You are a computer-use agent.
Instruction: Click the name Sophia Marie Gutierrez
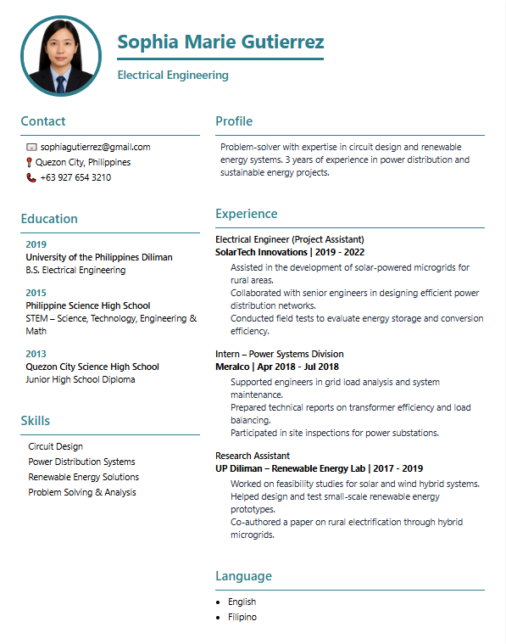click(x=220, y=42)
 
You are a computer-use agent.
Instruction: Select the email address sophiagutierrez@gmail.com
click(x=95, y=147)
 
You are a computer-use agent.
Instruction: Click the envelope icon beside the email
click(x=31, y=147)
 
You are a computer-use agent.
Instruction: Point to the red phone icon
click(x=31, y=177)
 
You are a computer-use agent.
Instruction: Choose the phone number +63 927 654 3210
click(x=75, y=177)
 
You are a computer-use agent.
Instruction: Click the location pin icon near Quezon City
click(x=30, y=162)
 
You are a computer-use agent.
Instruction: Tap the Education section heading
click(x=49, y=218)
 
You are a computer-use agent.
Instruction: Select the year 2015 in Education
click(x=36, y=293)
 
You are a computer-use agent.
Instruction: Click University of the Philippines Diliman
click(x=99, y=257)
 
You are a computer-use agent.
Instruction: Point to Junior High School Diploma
click(x=80, y=379)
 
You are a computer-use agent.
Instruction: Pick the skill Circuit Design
click(x=55, y=446)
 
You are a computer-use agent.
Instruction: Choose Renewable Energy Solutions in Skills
click(x=83, y=477)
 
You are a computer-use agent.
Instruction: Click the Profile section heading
click(x=234, y=121)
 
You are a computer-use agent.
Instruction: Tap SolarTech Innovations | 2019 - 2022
click(x=290, y=252)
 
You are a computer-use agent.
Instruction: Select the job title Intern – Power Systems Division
click(x=280, y=354)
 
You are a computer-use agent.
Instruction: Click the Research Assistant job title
click(x=253, y=456)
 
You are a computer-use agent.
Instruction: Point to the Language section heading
click(x=243, y=576)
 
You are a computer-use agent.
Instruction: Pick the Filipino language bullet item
click(x=242, y=617)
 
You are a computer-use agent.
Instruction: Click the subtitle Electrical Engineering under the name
click(x=173, y=75)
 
